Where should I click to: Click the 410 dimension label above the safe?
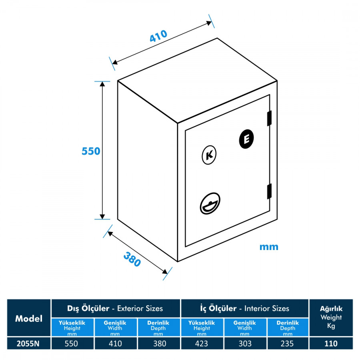[158, 36]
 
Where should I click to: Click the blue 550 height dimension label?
[91, 151]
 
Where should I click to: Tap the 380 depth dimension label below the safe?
[132, 259]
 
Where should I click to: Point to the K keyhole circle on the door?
[209, 156]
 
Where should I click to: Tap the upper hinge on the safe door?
[269, 118]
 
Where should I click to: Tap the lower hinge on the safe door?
[269, 190]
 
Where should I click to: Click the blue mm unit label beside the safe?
[269, 247]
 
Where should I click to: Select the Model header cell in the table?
[29, 318]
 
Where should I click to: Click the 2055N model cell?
[29, 343]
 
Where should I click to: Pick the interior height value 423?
[202, 343]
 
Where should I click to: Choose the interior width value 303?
[244, 343]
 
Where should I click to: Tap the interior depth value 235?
[287, 343]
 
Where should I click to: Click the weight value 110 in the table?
[331, 343]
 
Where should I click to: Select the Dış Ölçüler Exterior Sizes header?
[116, 308]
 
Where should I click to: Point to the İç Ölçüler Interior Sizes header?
[245, 308]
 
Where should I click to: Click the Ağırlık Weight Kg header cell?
[331, 317]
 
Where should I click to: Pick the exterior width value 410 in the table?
[115, 343]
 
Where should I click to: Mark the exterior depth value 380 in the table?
[158, 343]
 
